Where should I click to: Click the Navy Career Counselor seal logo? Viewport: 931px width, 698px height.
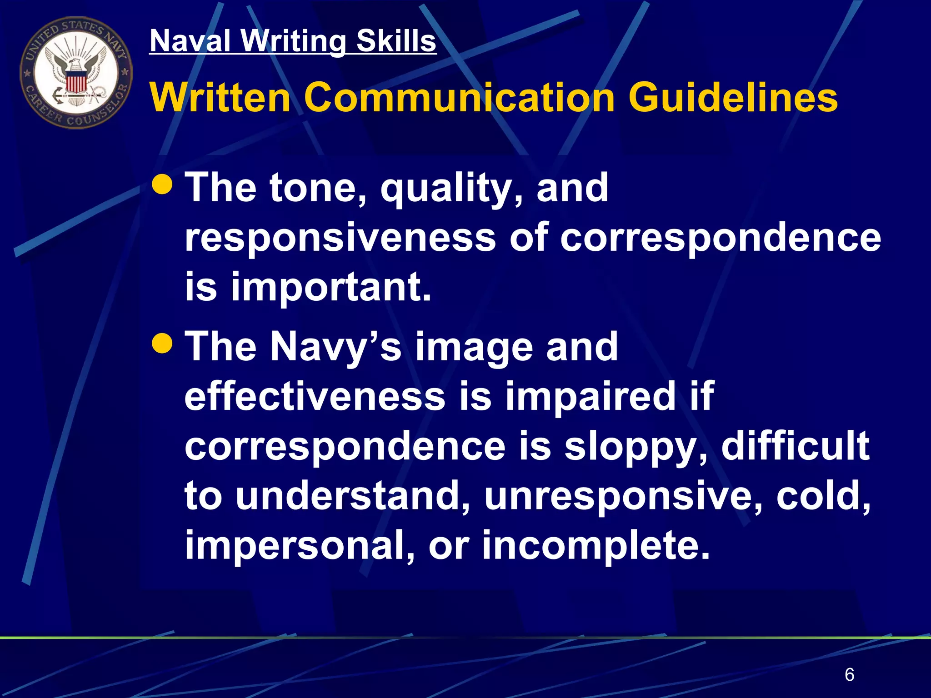[x=76, y=73]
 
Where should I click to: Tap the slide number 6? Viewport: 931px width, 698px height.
[x=849, y=675]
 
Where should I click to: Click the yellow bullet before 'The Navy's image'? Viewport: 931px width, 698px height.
[x=162, y=344]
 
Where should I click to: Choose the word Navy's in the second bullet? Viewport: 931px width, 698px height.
[x=335, y=347]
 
